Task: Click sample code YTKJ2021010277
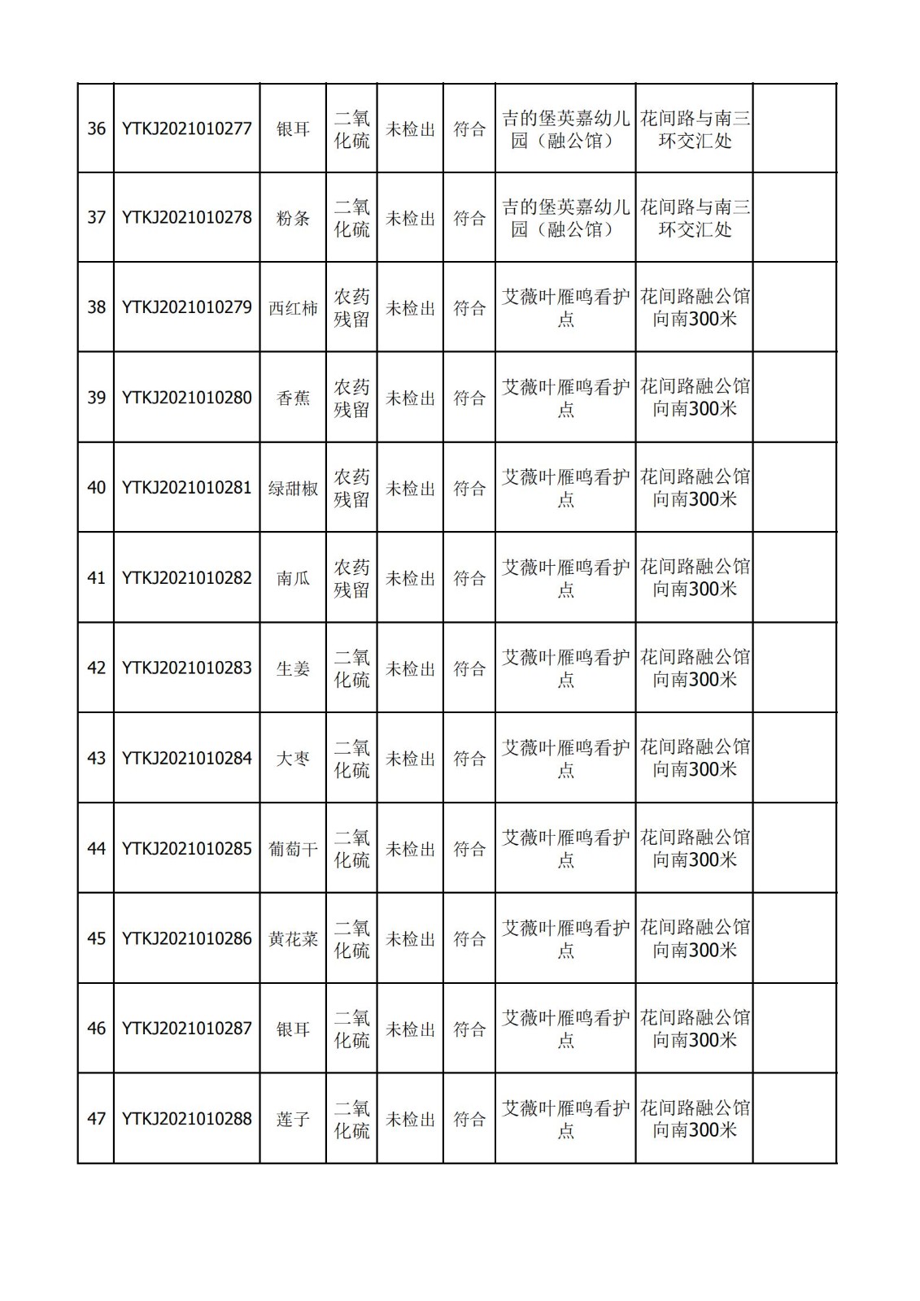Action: (186, 128)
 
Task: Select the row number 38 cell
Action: (96, 307)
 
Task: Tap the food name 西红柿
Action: (293, 308)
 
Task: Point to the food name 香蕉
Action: (293, 398)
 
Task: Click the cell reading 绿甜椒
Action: (293, 489)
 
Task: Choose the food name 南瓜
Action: (293, 578)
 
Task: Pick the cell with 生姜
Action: (293, 668)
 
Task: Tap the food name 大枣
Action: (293, 759)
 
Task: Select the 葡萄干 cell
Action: (293, 849)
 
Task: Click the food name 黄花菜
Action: (293, 939)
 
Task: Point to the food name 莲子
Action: (293, 1120)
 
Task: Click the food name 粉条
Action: (293, 218)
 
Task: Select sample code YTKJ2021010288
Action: (186, 1119)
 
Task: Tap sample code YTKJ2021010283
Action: (186, 668)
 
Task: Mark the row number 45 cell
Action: (96, 938)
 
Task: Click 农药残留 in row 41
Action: (351, 578)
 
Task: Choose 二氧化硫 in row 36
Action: (351, 128)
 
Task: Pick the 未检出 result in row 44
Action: (410, 849)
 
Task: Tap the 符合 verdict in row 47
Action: (469, 1120)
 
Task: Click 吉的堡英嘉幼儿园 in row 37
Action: (565, 218)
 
